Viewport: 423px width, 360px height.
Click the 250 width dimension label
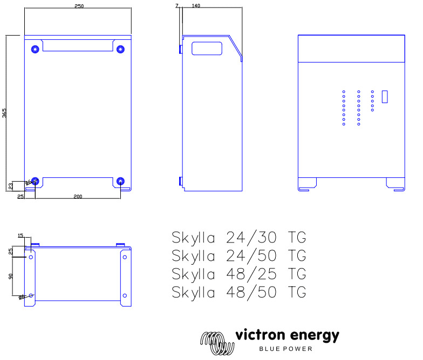pyautogui.click(x=78, y=5)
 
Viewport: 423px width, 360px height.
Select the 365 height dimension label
pyautogui.click(x=4, y=113)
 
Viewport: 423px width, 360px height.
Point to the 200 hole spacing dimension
pyautogui.click(x=78, y=197)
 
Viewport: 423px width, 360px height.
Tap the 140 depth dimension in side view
pyautogui.click(x=196, y=5)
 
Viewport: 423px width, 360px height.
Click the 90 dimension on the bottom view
pyautogui.click(x=10, y=276)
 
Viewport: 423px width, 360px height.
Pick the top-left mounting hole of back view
pyautogui.click(x=36, y=49)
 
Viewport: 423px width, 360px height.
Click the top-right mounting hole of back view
pyautogui.click(x=120, y=49)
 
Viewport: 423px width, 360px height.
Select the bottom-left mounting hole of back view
pyautogui.click(x=36, y=181)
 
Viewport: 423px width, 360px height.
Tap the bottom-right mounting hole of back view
pyautogui.click(x=120, y=181)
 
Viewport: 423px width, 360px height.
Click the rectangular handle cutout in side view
pyautogui.click(x=207, y=49)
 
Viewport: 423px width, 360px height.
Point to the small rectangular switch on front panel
pyautogui.click(x=385, y=96)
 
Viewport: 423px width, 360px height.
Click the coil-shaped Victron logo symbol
pyautogui.click(x=216, y=342)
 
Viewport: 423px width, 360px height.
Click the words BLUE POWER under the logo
pyautogui.click(x=286, y=349)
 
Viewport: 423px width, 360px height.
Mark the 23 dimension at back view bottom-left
pyautogui.click(x=10, y=186)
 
